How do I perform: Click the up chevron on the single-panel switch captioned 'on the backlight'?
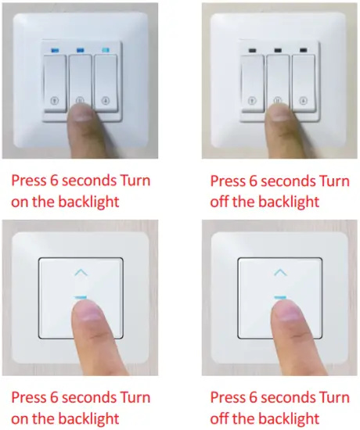(x=81, y=273)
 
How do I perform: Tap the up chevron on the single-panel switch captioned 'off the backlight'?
(x=280, y=273)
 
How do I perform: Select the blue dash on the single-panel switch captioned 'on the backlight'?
(x=81, y=298)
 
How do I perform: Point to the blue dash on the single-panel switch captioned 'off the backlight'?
(x=280, y=298)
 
